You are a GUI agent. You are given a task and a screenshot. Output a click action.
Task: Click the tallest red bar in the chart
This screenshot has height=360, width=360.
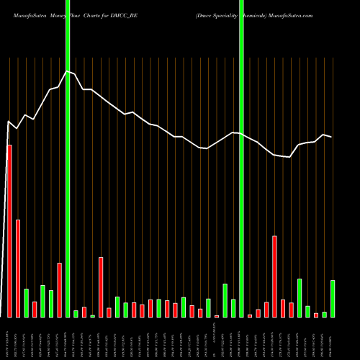pyautogui.click(x=9, y=230)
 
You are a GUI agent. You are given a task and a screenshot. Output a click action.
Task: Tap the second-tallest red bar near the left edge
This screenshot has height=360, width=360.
pyautogui.click(x=18, y=268)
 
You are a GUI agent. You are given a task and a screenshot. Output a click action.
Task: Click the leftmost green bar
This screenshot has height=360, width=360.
pyautogui.click(x=26, y=302)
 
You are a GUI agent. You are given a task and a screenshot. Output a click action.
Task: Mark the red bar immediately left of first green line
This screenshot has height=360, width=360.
pyautogui.click(x=60, y=289)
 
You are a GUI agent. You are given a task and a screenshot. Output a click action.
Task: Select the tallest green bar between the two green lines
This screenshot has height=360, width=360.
pyautogui.click(x=225, y=300)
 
